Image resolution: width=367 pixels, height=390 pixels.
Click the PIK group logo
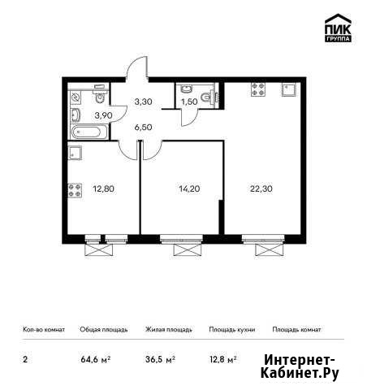pos(338,28)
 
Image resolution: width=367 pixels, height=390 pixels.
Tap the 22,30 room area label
pos(261,188)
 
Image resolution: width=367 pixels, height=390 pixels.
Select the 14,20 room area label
pos(189,188)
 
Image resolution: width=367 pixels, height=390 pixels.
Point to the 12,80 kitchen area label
pos(103,188)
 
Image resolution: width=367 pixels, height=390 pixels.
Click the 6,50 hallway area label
pos(143,127)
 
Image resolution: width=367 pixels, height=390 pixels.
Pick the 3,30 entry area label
pos(143,102)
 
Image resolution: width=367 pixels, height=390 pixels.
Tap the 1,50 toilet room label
pos(189,102)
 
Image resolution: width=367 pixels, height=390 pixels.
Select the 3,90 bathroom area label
pos(103,115)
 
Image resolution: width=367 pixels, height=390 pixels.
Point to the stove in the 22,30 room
pos(258,89)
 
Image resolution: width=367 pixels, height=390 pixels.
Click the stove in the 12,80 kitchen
pos(75,190)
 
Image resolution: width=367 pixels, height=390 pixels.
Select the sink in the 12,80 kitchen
pos(75,153)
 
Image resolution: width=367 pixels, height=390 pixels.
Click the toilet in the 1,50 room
pos(207,97)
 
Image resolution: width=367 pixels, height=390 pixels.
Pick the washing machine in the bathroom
pos(75,97)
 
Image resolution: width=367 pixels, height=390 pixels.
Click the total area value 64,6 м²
pos(96,360)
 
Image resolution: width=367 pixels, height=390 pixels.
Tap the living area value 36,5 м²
pos(160,360)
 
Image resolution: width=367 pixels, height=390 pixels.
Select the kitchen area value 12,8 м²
pos(223,360)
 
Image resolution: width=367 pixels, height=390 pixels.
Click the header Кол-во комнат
pos(44,330)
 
